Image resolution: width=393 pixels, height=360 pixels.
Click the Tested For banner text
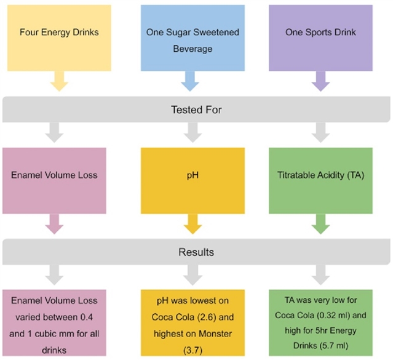click(196, 110)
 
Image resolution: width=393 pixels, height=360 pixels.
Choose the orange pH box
click(193, 175)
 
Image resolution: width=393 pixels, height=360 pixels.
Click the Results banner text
click(196, 252)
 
